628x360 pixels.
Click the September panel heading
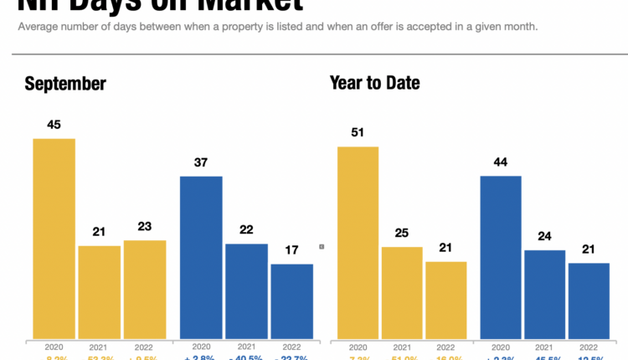[65, 84]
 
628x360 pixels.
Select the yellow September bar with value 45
[54, 239]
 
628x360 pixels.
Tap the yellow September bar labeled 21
[99, 292]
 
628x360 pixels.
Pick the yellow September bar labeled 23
[145, 290]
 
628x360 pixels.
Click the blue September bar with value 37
[201, 258]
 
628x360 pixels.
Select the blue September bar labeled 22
[246, 291]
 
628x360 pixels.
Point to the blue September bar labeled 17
[291, 301]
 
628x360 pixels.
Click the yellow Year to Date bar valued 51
[358, 243]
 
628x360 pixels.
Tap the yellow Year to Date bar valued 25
[403, 293]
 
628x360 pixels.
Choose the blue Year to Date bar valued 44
[501, 258]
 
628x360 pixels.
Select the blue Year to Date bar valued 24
[545, 295]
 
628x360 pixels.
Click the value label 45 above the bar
[54, 125]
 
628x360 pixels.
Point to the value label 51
[358, 132]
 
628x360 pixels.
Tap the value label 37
[201, 162]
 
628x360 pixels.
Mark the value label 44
[501, 162]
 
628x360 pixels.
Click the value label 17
[291, 250]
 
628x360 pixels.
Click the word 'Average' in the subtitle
[39, 27]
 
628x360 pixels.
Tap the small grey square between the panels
[322, 246]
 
